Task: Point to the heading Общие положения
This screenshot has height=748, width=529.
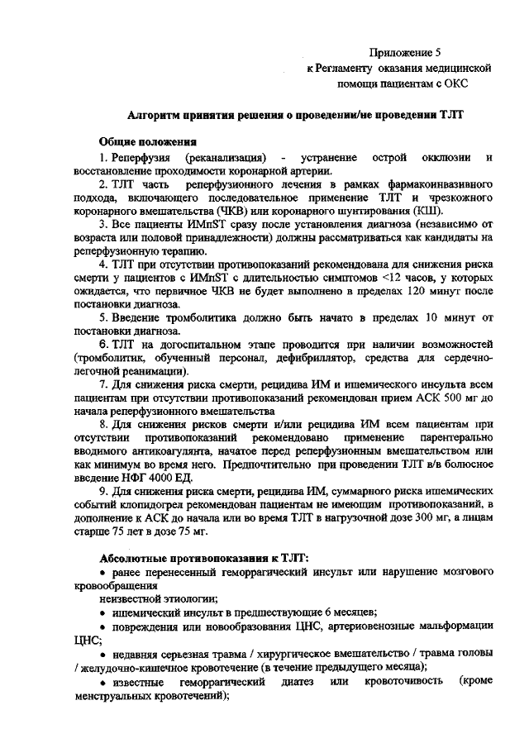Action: [x=147, y=142]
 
